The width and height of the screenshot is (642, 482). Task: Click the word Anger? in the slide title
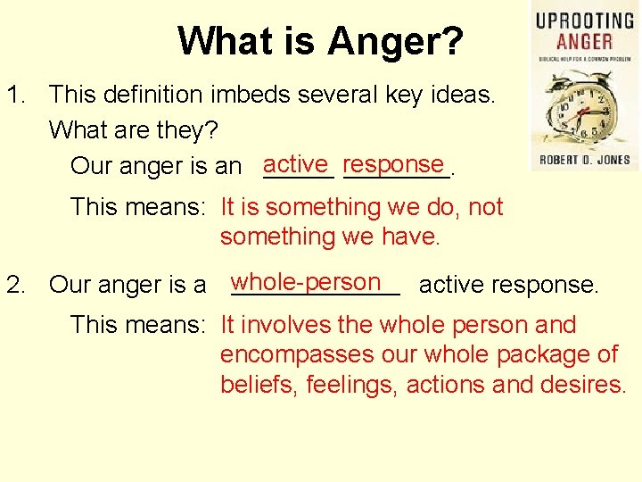395,41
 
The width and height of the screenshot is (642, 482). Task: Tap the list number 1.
16,94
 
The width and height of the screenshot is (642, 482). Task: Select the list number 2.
16,285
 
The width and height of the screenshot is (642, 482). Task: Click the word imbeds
269,94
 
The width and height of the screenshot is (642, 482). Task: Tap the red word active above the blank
296,164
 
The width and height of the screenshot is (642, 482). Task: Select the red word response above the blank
393,164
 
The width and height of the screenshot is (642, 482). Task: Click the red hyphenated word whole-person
305,282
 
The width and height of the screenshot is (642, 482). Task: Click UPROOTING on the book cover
584,20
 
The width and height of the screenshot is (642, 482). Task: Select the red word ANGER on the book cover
583,41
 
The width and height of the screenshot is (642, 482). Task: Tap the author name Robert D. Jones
584,161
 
